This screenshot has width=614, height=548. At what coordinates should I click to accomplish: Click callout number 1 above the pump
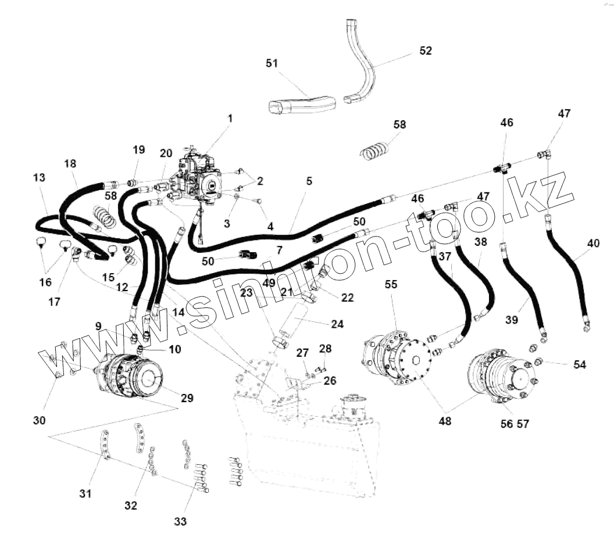pos(230,118)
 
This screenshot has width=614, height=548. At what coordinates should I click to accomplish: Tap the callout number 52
pos(426,51)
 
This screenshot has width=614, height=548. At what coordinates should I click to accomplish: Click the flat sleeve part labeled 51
pos(302,105)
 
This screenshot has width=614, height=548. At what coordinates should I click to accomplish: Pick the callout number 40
pos(593,244)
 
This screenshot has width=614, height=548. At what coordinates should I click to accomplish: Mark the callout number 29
pos(187,398)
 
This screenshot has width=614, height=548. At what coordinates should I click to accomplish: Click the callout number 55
pos(391,284)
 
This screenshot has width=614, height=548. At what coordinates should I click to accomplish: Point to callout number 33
pos(181,521)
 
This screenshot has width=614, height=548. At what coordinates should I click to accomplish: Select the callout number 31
pos(85,493)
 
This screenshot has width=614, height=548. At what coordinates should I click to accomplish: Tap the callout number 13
pos(40,177)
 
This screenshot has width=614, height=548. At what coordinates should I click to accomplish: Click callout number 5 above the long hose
pos(309,181)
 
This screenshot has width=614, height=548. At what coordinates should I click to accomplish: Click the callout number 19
pos(138,149)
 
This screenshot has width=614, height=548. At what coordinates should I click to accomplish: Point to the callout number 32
pos(130,505)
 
